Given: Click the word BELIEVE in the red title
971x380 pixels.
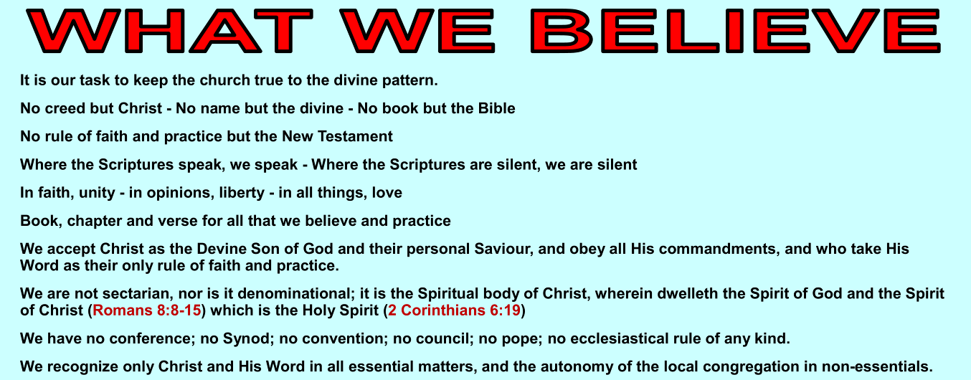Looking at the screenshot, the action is (736, 30).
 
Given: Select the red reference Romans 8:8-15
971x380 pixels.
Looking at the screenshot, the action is (147, 310).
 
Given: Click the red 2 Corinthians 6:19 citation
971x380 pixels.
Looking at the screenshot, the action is (454, 310).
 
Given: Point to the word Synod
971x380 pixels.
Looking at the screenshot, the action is (246, 338).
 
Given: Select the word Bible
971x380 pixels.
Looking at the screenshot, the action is (496, 108).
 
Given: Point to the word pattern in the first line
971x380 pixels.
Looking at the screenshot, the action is (409, 80).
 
